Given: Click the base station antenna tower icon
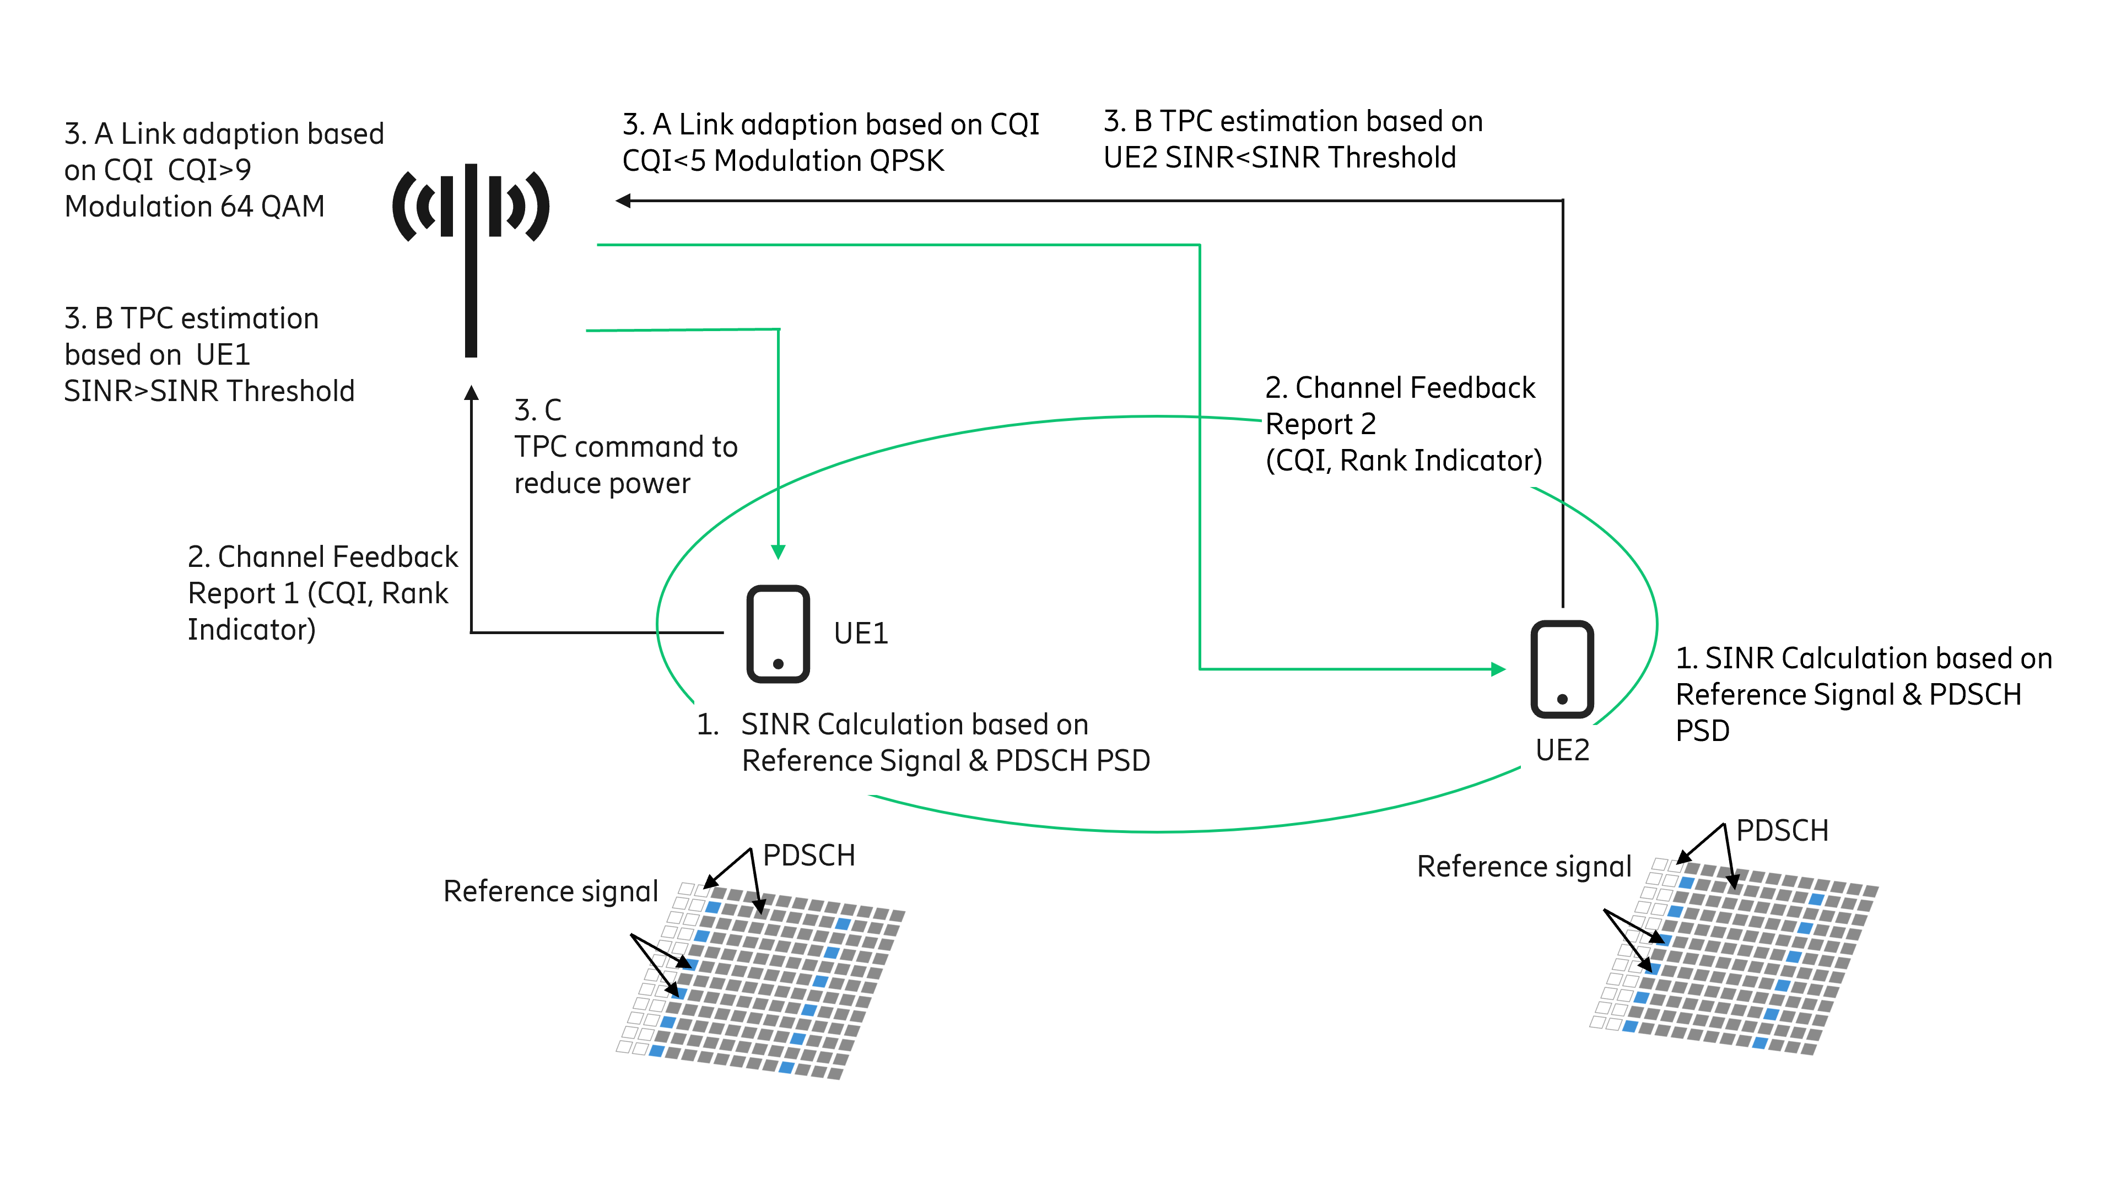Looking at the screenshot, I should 471,246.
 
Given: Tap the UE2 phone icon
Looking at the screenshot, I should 1562,668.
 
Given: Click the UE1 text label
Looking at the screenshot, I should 860,633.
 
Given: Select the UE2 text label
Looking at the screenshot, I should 1562,750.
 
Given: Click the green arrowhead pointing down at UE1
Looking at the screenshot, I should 778,552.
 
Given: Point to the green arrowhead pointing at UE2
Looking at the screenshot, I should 1498,669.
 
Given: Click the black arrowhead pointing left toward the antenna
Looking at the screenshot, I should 623,201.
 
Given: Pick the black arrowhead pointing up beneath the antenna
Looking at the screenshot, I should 471,393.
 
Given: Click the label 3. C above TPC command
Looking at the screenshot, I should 537,410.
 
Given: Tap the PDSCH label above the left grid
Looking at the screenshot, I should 808,855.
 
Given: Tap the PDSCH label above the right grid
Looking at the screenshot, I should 1782,830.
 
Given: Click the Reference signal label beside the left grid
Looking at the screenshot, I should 550,891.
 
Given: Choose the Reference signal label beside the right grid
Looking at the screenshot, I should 1524,867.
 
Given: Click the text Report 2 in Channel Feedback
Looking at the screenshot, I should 1320,424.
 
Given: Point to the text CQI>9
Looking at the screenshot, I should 209,170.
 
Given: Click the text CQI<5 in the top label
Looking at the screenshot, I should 663,161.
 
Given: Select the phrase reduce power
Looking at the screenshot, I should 602,484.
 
